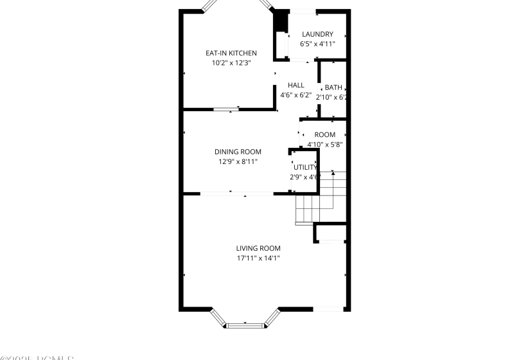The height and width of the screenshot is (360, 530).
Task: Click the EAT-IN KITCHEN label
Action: pos(231,53)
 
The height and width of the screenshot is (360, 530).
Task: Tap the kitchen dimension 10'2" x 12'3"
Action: pos(231,63)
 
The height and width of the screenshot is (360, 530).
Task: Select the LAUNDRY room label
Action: pos(317,34)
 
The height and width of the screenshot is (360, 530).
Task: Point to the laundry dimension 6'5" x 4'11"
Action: pos(317,44)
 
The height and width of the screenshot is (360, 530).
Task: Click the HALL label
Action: pos(296,85)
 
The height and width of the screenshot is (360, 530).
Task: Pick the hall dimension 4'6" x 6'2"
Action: pos(296,95)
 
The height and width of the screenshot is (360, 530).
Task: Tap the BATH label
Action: pos(333,87)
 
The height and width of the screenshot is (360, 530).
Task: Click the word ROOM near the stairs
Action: pos(324,134)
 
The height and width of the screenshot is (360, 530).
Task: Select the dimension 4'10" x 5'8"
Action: pos(324,145)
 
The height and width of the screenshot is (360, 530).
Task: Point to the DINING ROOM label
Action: pos(238,152)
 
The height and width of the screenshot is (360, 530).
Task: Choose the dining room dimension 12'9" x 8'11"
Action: pos(238,162)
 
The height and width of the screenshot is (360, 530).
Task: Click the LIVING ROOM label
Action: pos(258,248)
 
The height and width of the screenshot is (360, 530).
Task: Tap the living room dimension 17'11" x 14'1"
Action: pos(258,258)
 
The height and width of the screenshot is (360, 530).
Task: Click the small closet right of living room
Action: pos(331,233)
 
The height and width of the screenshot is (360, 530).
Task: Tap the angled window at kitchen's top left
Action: pos(211,5)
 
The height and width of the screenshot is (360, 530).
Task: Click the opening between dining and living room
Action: pos(237,194)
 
